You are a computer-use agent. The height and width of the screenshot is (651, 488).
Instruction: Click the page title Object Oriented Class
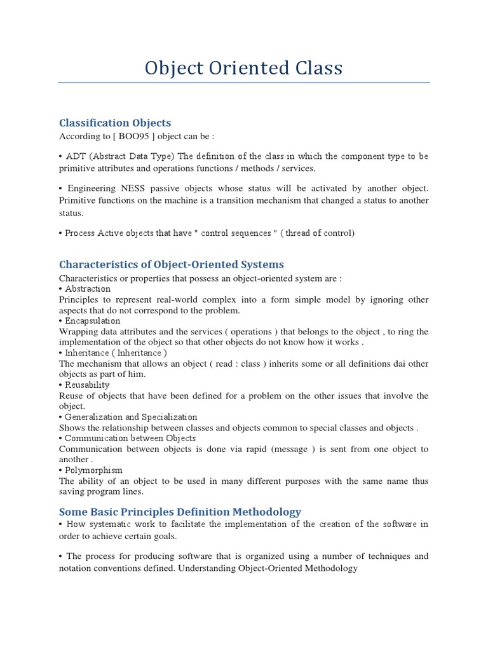[x=243, y=68]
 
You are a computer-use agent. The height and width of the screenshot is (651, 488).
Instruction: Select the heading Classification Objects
[x=115, y=123]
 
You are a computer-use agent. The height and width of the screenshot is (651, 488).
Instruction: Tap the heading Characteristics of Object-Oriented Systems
[x=171, y=264]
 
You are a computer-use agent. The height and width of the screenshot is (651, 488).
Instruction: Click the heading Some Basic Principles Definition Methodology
[x=180, y=512]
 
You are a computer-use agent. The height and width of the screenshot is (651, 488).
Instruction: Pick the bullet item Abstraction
[x=88, y=289]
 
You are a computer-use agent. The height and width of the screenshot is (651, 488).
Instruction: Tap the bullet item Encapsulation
[x=93, y=321]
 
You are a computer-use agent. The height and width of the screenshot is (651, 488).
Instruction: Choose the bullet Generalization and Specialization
[x=131, y=417]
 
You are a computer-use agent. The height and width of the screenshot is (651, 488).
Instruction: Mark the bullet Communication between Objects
[x=130, y=438]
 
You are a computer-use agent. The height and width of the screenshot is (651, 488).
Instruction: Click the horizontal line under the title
[x=243, y=83]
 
